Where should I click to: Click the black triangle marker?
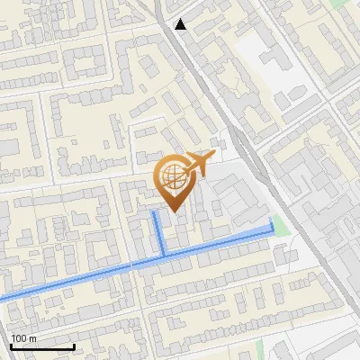[181, 24]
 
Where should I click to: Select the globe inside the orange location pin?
[173, 175]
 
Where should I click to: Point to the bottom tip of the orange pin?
[173, 211]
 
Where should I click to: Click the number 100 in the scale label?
[17, 338]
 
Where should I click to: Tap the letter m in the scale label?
[31, 338]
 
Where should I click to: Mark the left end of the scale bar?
[10, 346]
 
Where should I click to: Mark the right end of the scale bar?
[74, 346]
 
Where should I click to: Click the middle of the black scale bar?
[41, 346]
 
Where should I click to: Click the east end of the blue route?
[272, 220]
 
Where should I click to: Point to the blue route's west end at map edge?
[2, 298]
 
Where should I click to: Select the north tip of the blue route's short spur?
[155, 213]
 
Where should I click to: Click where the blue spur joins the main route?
[164, 257]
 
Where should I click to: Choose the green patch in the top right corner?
[340, 4]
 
